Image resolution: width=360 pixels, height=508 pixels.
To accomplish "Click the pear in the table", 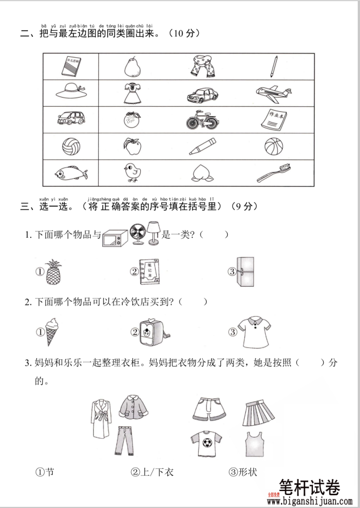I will tap(132, 67).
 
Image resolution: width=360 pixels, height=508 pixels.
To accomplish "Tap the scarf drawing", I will tap(203, 66).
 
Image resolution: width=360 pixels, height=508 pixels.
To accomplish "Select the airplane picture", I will tap(273, 93).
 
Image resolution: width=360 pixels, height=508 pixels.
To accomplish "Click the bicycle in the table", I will tap(203, 120).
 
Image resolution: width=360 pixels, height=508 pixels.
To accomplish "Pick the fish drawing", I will tap(70, 173).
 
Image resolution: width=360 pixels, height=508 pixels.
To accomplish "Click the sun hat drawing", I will tap(71, 93).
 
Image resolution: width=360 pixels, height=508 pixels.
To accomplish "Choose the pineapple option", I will tap(53, 271).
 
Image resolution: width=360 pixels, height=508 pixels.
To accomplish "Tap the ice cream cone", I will tap(52, 331).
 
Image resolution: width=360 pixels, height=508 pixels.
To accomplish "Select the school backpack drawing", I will tap(149, 331).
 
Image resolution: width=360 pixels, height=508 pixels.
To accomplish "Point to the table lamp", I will tap(154, 233).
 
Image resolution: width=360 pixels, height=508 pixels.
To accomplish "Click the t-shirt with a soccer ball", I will tap(203, 443).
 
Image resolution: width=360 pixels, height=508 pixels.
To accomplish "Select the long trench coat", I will tap(101, 418).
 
